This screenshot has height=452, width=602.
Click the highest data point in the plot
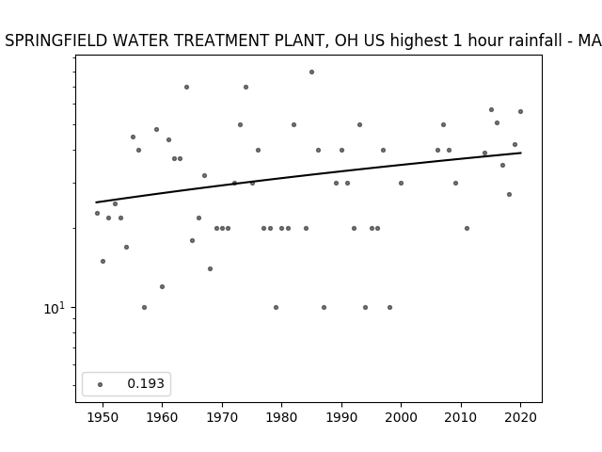[311, 72]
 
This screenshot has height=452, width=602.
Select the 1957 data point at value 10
[144, 308]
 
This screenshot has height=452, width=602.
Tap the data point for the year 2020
[520, 111]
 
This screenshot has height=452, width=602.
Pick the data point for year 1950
[103, 262]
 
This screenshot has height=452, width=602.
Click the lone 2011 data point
[467, 228]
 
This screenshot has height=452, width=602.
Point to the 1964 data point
[186, 88]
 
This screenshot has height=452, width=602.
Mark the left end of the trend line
[96, 202]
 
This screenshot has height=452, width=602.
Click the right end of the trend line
[521, 153]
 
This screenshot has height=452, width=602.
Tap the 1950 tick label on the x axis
[103, 417]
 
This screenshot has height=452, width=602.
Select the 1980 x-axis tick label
[281, 417]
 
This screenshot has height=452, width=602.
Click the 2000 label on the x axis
[401, 417]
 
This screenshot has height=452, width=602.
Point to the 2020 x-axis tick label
[520, 417]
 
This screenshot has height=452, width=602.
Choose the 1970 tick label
[222, 417]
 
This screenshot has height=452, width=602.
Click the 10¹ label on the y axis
[55, 308]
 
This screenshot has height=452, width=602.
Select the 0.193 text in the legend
[146, 383]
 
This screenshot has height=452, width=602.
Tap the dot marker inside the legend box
[101, 384]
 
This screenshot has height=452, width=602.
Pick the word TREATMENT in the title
[221, 40]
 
